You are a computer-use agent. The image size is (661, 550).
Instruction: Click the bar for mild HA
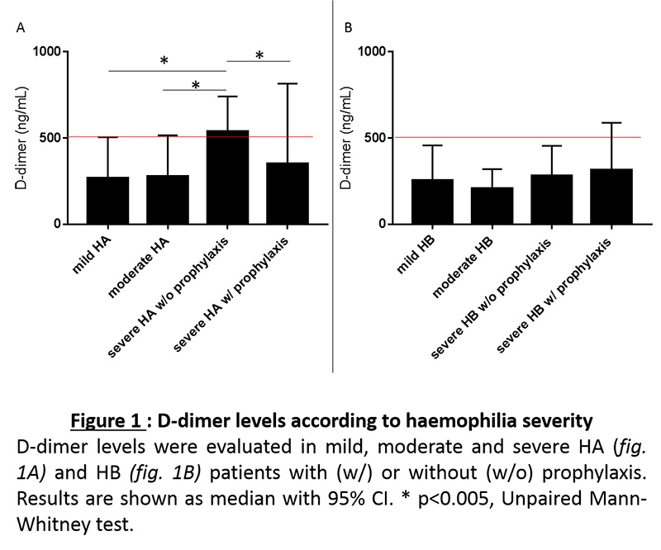pyautogui.click(x=107, y=201)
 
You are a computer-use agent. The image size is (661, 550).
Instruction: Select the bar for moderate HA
pyautogui.click(x=167, y=200)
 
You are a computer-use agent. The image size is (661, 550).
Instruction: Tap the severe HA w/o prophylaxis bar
pyautogui.click(x=227, y=178)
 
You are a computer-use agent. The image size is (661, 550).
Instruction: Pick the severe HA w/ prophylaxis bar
pyautogui.click(x=287, y=193)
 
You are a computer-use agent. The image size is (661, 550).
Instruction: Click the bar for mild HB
pyautogui.click(x=432, y=202)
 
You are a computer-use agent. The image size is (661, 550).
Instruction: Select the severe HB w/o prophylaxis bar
pyautogui.click(x=552, y=199)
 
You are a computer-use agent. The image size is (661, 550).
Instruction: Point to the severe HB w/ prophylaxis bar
pyautogui.click(x=611, y=197)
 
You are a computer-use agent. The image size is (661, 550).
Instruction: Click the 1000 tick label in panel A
pyautogui.click(x=50, y=51)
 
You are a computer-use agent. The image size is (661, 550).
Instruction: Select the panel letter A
pyautogui.click(x=21, y=27)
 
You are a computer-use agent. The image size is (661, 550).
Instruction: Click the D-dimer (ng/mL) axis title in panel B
pyautogui.click(x=346, y=138)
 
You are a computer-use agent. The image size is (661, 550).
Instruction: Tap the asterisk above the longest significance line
pyautogui.click(x=164, y=61)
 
